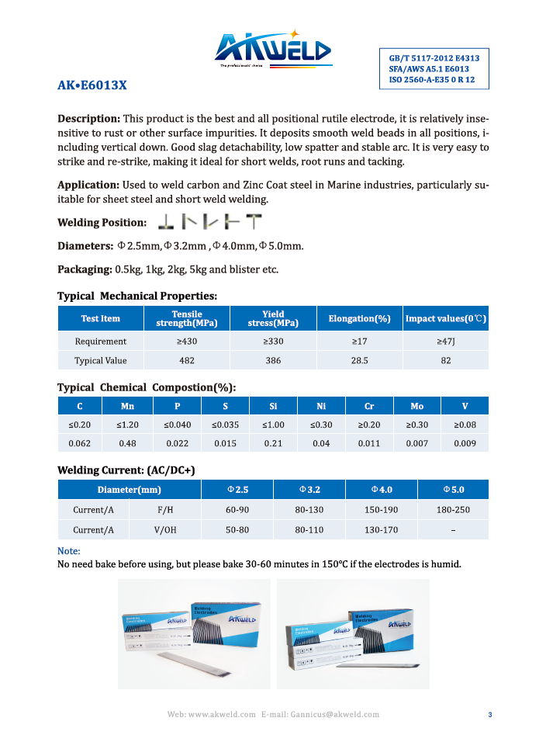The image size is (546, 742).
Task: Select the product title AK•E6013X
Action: (92, 86)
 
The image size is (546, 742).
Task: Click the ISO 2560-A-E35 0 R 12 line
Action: (432, 80)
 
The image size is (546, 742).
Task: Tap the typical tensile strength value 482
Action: (187, 360)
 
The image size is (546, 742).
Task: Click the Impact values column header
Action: (445, 318)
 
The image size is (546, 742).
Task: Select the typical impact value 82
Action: (445, 360)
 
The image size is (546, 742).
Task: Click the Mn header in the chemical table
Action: (127, 406)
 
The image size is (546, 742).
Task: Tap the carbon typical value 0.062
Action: (80, 443)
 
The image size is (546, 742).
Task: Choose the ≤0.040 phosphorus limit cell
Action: (177, 425)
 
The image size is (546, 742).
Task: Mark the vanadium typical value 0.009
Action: (465, 443)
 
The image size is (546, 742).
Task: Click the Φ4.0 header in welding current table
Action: (381, 490)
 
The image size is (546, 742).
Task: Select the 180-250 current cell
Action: (452, 510)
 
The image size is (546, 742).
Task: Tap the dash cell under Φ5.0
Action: (452, 530)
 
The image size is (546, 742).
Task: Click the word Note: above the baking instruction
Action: (69, 551)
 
